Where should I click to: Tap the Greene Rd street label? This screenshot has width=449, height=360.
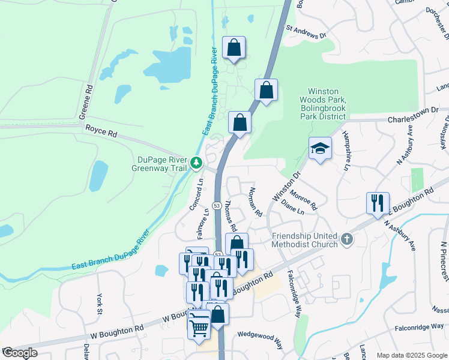coord(89,95)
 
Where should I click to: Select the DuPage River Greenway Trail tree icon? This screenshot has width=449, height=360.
coord(196,162)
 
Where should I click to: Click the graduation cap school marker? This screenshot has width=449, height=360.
coord(320,148)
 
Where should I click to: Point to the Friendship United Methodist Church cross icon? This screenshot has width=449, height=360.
coord(346,240)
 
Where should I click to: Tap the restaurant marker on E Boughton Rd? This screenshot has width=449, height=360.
coord(378,203)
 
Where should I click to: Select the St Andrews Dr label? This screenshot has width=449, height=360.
coord(306,32)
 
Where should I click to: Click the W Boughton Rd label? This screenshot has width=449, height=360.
coord(117,330)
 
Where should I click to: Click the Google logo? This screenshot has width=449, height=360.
coord(20,353)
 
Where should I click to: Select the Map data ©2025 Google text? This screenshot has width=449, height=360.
coord(412,355)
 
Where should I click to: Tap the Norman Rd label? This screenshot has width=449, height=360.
coord(255,203)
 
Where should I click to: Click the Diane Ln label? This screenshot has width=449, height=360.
coord(292,208)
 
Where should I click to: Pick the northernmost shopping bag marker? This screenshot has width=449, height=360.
coord(234,47)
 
